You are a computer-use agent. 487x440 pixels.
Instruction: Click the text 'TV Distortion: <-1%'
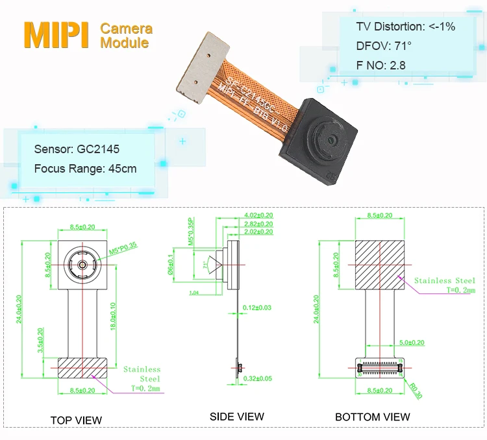point(405,27)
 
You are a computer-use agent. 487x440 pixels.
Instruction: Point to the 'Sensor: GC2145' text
point(77,149)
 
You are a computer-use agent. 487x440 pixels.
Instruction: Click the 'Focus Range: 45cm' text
point(85,169)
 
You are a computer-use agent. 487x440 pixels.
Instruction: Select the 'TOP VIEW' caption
point(76,420)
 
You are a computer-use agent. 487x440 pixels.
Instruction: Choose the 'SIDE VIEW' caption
point(236,417)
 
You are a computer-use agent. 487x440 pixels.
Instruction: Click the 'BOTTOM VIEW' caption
point(372,417)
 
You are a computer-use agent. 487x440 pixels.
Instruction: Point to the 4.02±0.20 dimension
point(258,215)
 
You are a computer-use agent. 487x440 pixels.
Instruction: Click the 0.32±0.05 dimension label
point(257,378)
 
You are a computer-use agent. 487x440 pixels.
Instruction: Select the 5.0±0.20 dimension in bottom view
point(411,342)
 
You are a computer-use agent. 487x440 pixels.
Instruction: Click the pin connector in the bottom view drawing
point(379,367)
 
